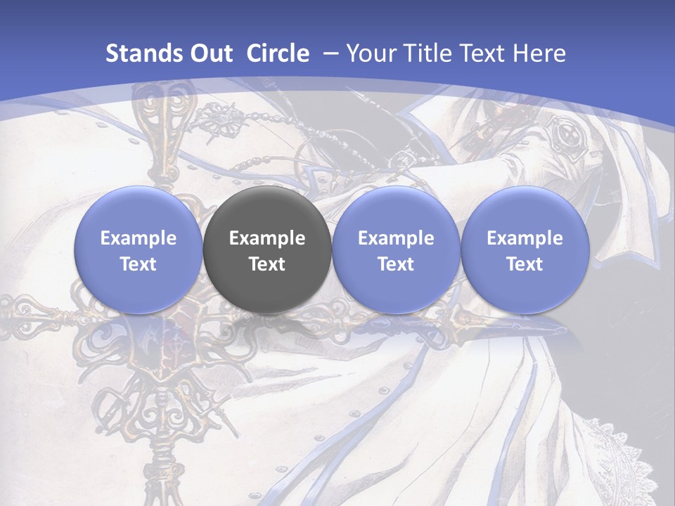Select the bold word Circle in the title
278,53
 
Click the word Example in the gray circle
267,238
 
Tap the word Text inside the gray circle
267,264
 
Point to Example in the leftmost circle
139,238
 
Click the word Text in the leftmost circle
139,264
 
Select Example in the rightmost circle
525,238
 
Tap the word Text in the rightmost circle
525,264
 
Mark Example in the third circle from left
396,238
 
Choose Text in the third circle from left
396,264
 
